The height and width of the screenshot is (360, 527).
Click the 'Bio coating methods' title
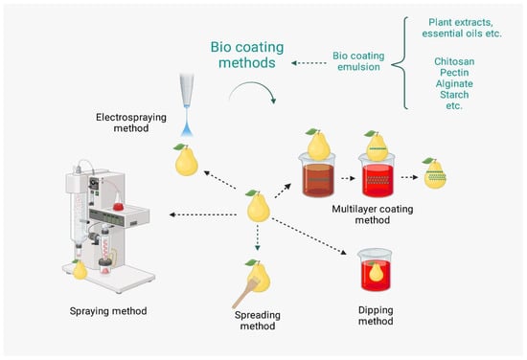[x=247, y=55]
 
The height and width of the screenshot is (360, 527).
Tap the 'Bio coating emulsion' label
[x=358, y=61]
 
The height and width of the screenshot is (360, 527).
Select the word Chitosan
[x=454, y=61]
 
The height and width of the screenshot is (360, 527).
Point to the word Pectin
[x=454, y=73]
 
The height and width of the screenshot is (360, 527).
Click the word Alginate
[x=454, y=83]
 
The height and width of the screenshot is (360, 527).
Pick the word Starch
[x=454, y=95]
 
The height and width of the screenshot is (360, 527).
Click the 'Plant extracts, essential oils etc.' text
[x=462, y=28]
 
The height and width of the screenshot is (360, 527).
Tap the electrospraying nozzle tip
[x=187, y=106]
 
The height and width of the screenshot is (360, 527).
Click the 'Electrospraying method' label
[x=131, y=123]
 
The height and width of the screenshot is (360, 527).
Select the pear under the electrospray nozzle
[x=186, y=160]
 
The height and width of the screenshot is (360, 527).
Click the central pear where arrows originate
[x=258, y=206]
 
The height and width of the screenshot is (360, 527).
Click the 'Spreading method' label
[x=258, y=321]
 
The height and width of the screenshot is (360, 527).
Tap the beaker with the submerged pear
[x=375, y=270]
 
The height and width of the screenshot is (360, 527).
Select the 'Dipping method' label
[x=376, y=315]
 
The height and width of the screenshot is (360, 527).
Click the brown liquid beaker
[x=317, y=175]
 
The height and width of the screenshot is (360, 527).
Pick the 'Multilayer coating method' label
[x=373, y=214]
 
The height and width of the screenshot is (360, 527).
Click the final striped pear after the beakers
[x=435, y=173]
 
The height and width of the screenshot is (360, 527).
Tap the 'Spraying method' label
[x=108, y=311]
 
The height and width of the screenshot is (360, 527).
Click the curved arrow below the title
[x=253, y=83]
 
